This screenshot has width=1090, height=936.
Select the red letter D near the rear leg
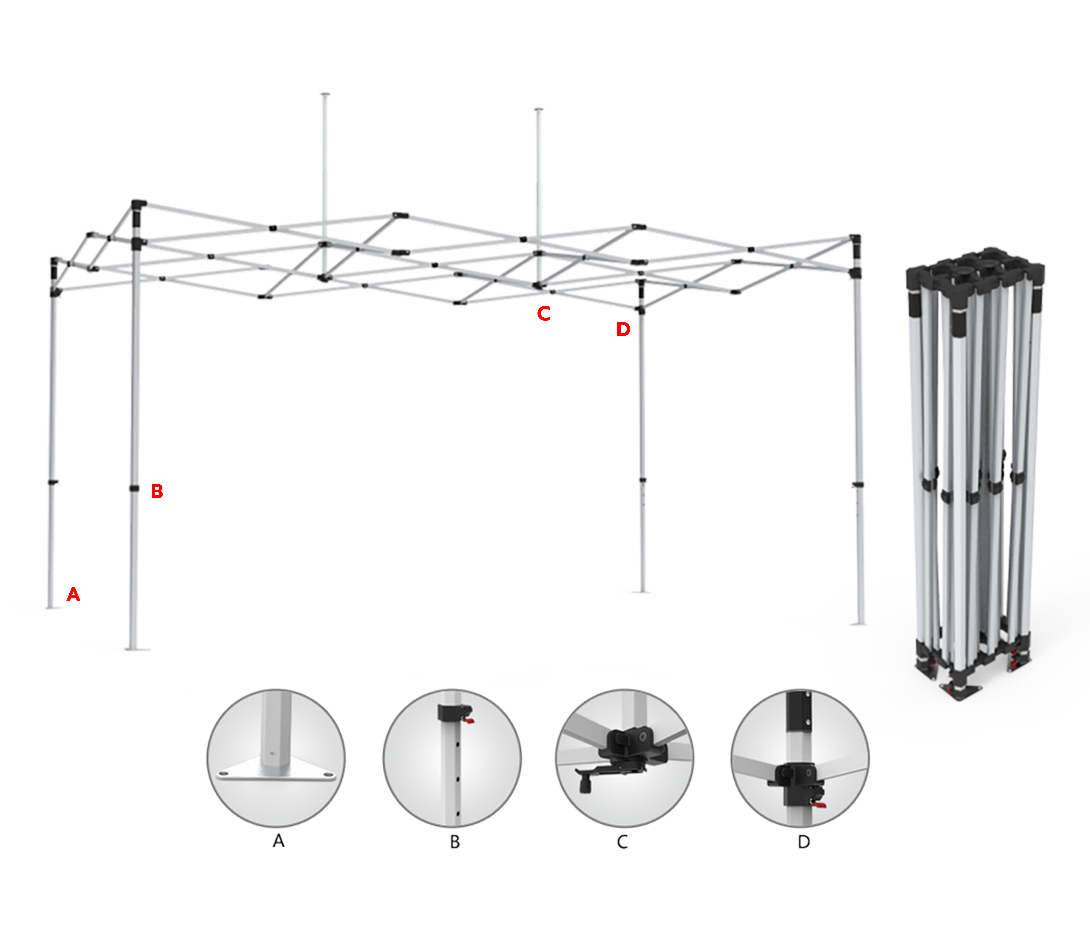pyautogui.click(x=623, y=330)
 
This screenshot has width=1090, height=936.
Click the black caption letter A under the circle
pyautogui.click(x=278, y=841)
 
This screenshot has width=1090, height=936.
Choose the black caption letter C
pyautogui.click(x=622, y=842)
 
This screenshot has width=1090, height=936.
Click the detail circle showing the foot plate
pyautogui.click(x=276, y=758)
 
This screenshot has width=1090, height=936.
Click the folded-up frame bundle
pyautogui.click(x=974, y=473)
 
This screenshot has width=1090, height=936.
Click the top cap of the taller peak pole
pyautogui.click(x=325, y=94)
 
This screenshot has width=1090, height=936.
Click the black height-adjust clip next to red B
pyautogui.click(x=135, y=489)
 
